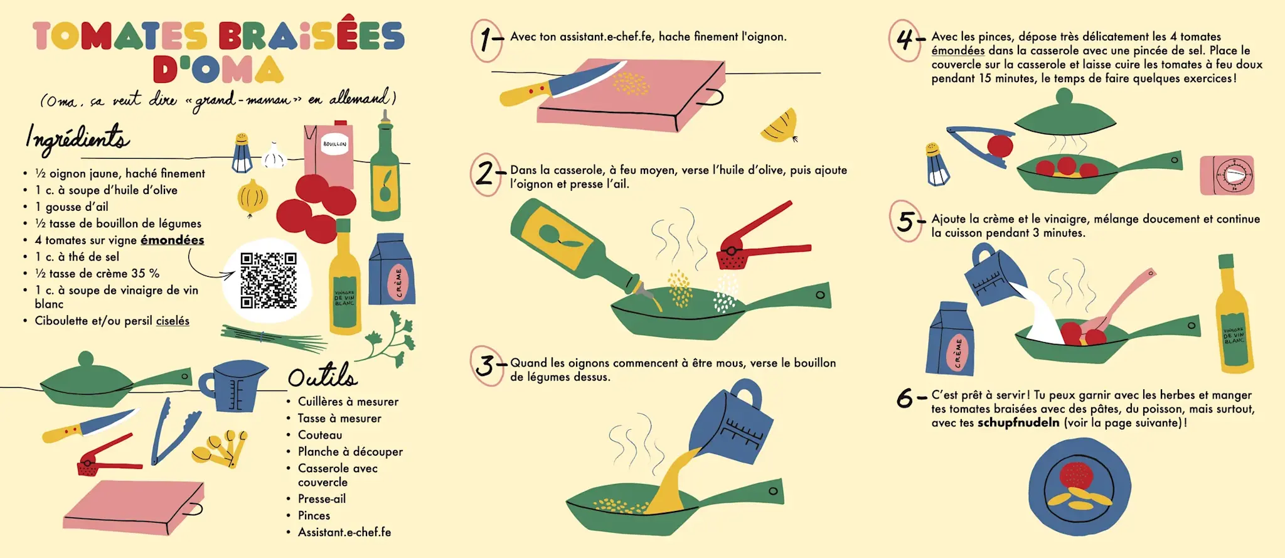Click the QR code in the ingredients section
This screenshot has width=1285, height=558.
269,281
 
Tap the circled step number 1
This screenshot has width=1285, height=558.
486,40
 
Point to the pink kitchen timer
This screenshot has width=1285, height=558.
1227,175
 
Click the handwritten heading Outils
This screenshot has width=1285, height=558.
323,376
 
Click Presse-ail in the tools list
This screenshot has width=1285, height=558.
322,499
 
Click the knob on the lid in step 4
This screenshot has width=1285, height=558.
1064,97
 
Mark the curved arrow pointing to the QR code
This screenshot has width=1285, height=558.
207,267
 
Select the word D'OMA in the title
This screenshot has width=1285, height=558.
218,69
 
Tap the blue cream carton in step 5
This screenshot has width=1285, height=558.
950,339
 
